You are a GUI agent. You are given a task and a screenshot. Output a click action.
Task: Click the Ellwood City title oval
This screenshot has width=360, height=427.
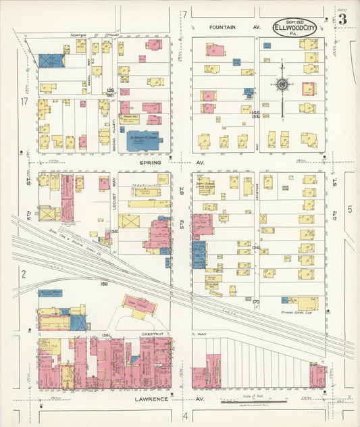294,28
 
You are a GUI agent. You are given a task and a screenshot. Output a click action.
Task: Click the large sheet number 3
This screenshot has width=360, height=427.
342,19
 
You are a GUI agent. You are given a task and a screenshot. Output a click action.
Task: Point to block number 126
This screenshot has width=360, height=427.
111,91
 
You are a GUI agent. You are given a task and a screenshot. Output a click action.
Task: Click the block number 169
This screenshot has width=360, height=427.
105,284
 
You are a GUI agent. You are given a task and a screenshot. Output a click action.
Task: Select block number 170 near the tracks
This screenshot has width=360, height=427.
256,301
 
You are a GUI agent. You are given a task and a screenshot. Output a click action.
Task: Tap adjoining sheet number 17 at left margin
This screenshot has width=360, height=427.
24,101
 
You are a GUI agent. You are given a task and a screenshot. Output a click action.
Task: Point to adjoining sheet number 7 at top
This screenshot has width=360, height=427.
183,14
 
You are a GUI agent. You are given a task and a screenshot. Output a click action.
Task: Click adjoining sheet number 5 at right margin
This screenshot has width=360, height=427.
349,209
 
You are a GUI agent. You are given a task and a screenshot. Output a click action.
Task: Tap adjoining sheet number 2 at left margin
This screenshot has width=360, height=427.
24,274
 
